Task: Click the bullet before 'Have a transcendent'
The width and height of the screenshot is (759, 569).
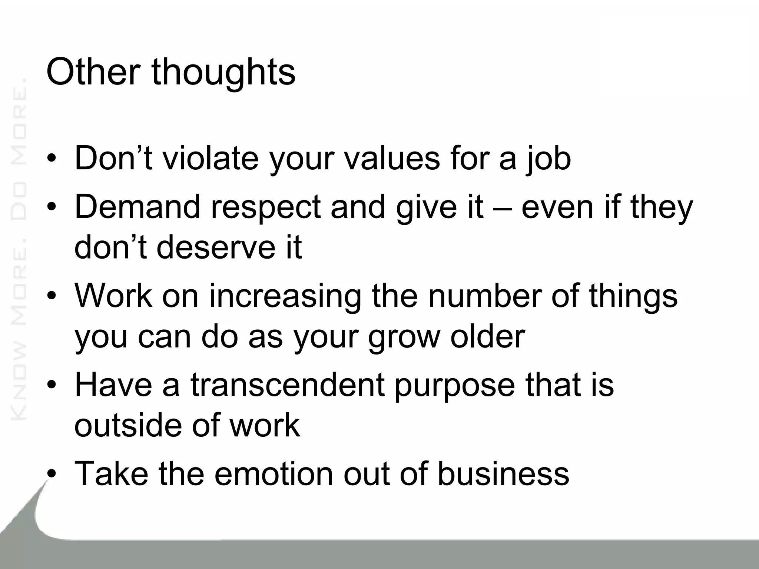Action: pos(52,385)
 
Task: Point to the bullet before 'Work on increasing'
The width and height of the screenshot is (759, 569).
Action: pos(52,296)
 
